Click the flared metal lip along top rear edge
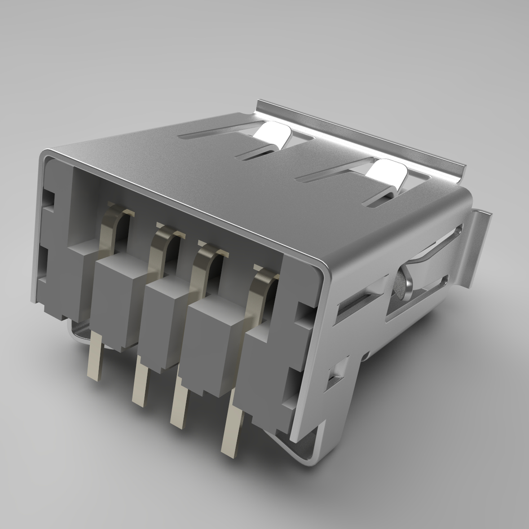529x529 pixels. point(362,132)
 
